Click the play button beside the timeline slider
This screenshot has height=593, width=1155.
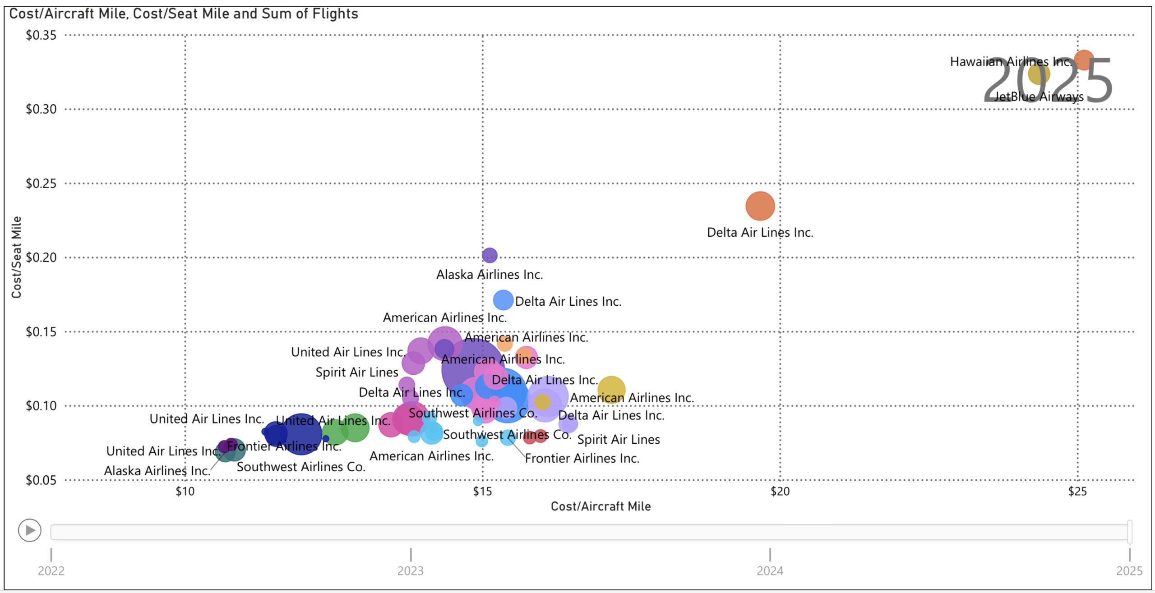(x=30, y=530)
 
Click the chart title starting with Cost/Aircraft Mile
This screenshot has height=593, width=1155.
(x=183, y=14)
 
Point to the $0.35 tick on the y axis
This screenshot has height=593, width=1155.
(x=41, y=35)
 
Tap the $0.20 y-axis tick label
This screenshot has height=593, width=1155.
(x=41, y=257)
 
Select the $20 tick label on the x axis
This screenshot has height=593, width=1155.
(x=780, y=492)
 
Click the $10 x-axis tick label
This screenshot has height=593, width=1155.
(x=185, y=492)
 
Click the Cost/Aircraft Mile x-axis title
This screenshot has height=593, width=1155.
(x=601, y=506)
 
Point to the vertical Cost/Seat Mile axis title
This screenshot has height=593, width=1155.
(x=17, y=257)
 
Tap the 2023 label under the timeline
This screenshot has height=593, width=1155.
(x=410, y=571)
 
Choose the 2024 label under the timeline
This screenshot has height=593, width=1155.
(x=770, y=571)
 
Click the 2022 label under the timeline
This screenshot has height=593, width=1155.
(x=51, y=571)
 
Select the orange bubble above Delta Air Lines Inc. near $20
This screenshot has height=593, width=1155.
(x=760, y=206)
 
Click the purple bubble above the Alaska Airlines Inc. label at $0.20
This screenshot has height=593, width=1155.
(x=490, y=255)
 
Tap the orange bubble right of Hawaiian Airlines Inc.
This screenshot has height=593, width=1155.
(x=1084, y=60)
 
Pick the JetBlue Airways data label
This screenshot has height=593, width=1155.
(x=1039, y=97)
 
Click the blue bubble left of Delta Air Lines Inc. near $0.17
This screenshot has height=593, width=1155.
(x=503, y=300)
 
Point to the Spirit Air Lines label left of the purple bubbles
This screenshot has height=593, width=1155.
(x=357, y=372)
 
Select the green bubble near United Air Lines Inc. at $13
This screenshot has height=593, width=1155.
(x=355, y=428)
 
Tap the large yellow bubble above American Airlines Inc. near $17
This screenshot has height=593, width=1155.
(x=611, y=389)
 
